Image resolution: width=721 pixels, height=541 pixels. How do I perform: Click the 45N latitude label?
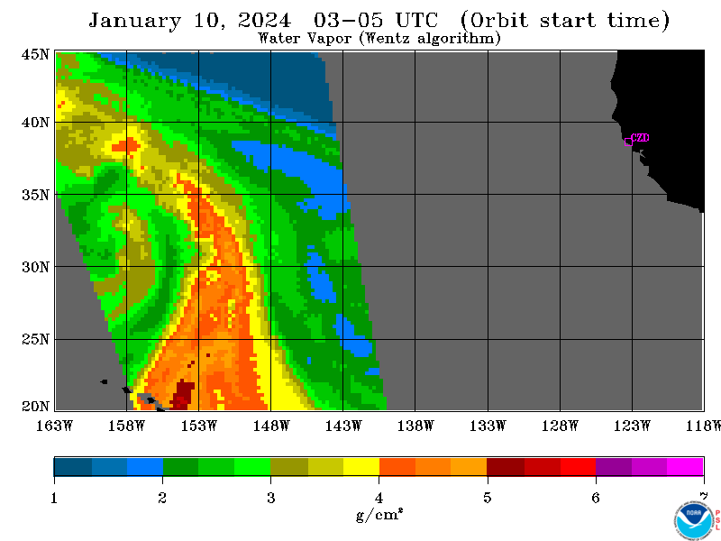point(35,54)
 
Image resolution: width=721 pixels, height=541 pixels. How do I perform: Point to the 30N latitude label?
point(35,267)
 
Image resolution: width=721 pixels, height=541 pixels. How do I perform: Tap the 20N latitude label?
point(35,407)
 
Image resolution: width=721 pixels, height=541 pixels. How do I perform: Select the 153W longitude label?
point(198,426)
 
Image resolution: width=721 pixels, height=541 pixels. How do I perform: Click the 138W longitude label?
point(415,426)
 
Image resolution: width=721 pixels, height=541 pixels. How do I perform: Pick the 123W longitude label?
point(632,426)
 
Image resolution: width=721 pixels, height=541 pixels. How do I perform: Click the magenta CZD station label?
point(640,138)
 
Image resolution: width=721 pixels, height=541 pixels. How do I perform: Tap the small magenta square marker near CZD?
point(628,142)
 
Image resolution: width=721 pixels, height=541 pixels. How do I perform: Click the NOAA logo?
point(694,520)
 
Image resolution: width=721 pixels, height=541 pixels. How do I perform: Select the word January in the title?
point(134,21)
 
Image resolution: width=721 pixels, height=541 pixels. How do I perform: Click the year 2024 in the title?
point(264,20)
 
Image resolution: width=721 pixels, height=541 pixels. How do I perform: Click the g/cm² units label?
point(379,514)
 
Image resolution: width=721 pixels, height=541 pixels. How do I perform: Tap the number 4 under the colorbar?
point(379,498)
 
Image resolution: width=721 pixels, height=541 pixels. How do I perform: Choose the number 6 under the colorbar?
point(596,498)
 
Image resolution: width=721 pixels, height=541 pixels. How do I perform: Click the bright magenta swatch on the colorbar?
point(685,466)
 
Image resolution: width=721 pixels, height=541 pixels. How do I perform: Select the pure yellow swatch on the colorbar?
point(361,466)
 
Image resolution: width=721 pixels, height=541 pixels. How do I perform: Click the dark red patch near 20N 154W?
point(183,395)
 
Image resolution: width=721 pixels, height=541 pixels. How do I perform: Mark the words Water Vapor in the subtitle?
point(305,38)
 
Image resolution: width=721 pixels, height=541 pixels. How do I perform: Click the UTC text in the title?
point(416,20)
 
